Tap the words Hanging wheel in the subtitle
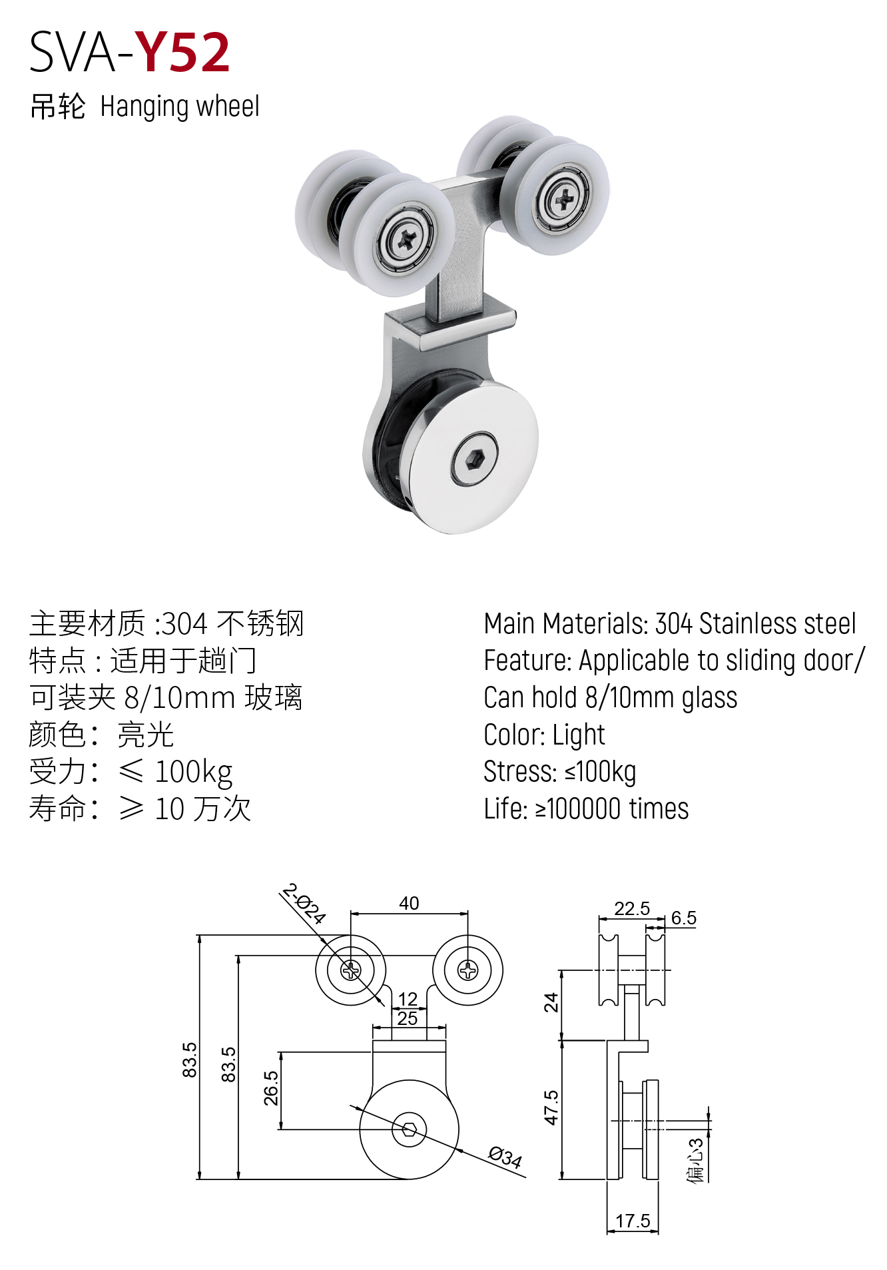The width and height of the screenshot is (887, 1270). click(x=180, y=107)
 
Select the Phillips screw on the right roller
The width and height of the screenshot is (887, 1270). click(x=564, y=198)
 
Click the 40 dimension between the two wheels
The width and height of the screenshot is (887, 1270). click(x=409, y=903)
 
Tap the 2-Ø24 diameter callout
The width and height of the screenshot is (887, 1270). click(x=304, y=904)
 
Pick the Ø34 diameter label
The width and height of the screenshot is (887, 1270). click(x=505, y=1157)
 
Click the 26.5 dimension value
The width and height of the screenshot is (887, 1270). click(x=271, y=1088)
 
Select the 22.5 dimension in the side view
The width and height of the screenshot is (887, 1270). click(x=631, y=908)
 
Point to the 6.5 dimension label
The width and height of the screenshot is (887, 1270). click(x=683, y=918)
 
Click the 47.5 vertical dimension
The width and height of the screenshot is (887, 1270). click(x=551, y=1108)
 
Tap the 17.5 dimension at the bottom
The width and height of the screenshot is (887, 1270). click(x=633, y=1221)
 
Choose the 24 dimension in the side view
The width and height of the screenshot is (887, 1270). click(x=551, y=1002)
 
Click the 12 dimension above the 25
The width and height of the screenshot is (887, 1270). click(x=408, y=999)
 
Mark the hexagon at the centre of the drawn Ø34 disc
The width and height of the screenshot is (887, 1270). click(x=409, y=1129)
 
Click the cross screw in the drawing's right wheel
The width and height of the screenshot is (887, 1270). click(x=468, y=970)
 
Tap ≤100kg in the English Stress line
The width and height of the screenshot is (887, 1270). click(x=600, y=772)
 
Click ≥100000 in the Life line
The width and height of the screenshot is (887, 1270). click(x=578, y=809)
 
